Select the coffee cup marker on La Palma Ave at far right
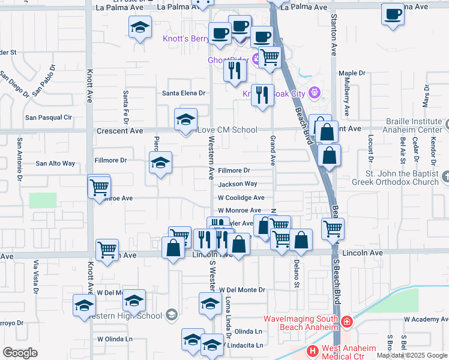click(x=393, y=14)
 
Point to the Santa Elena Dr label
click(x=184, y=93)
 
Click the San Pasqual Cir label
click(x=52, y=117)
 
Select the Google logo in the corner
click(x=20, y=352)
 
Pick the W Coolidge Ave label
click(x=241, y=197)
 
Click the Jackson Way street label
click(x=237, y=184)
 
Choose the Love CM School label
click(x=228, y=130)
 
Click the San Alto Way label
click(x=55, y=163)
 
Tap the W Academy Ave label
click(x=426, y=319)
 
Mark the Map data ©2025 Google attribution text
click(x=412, y=355)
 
